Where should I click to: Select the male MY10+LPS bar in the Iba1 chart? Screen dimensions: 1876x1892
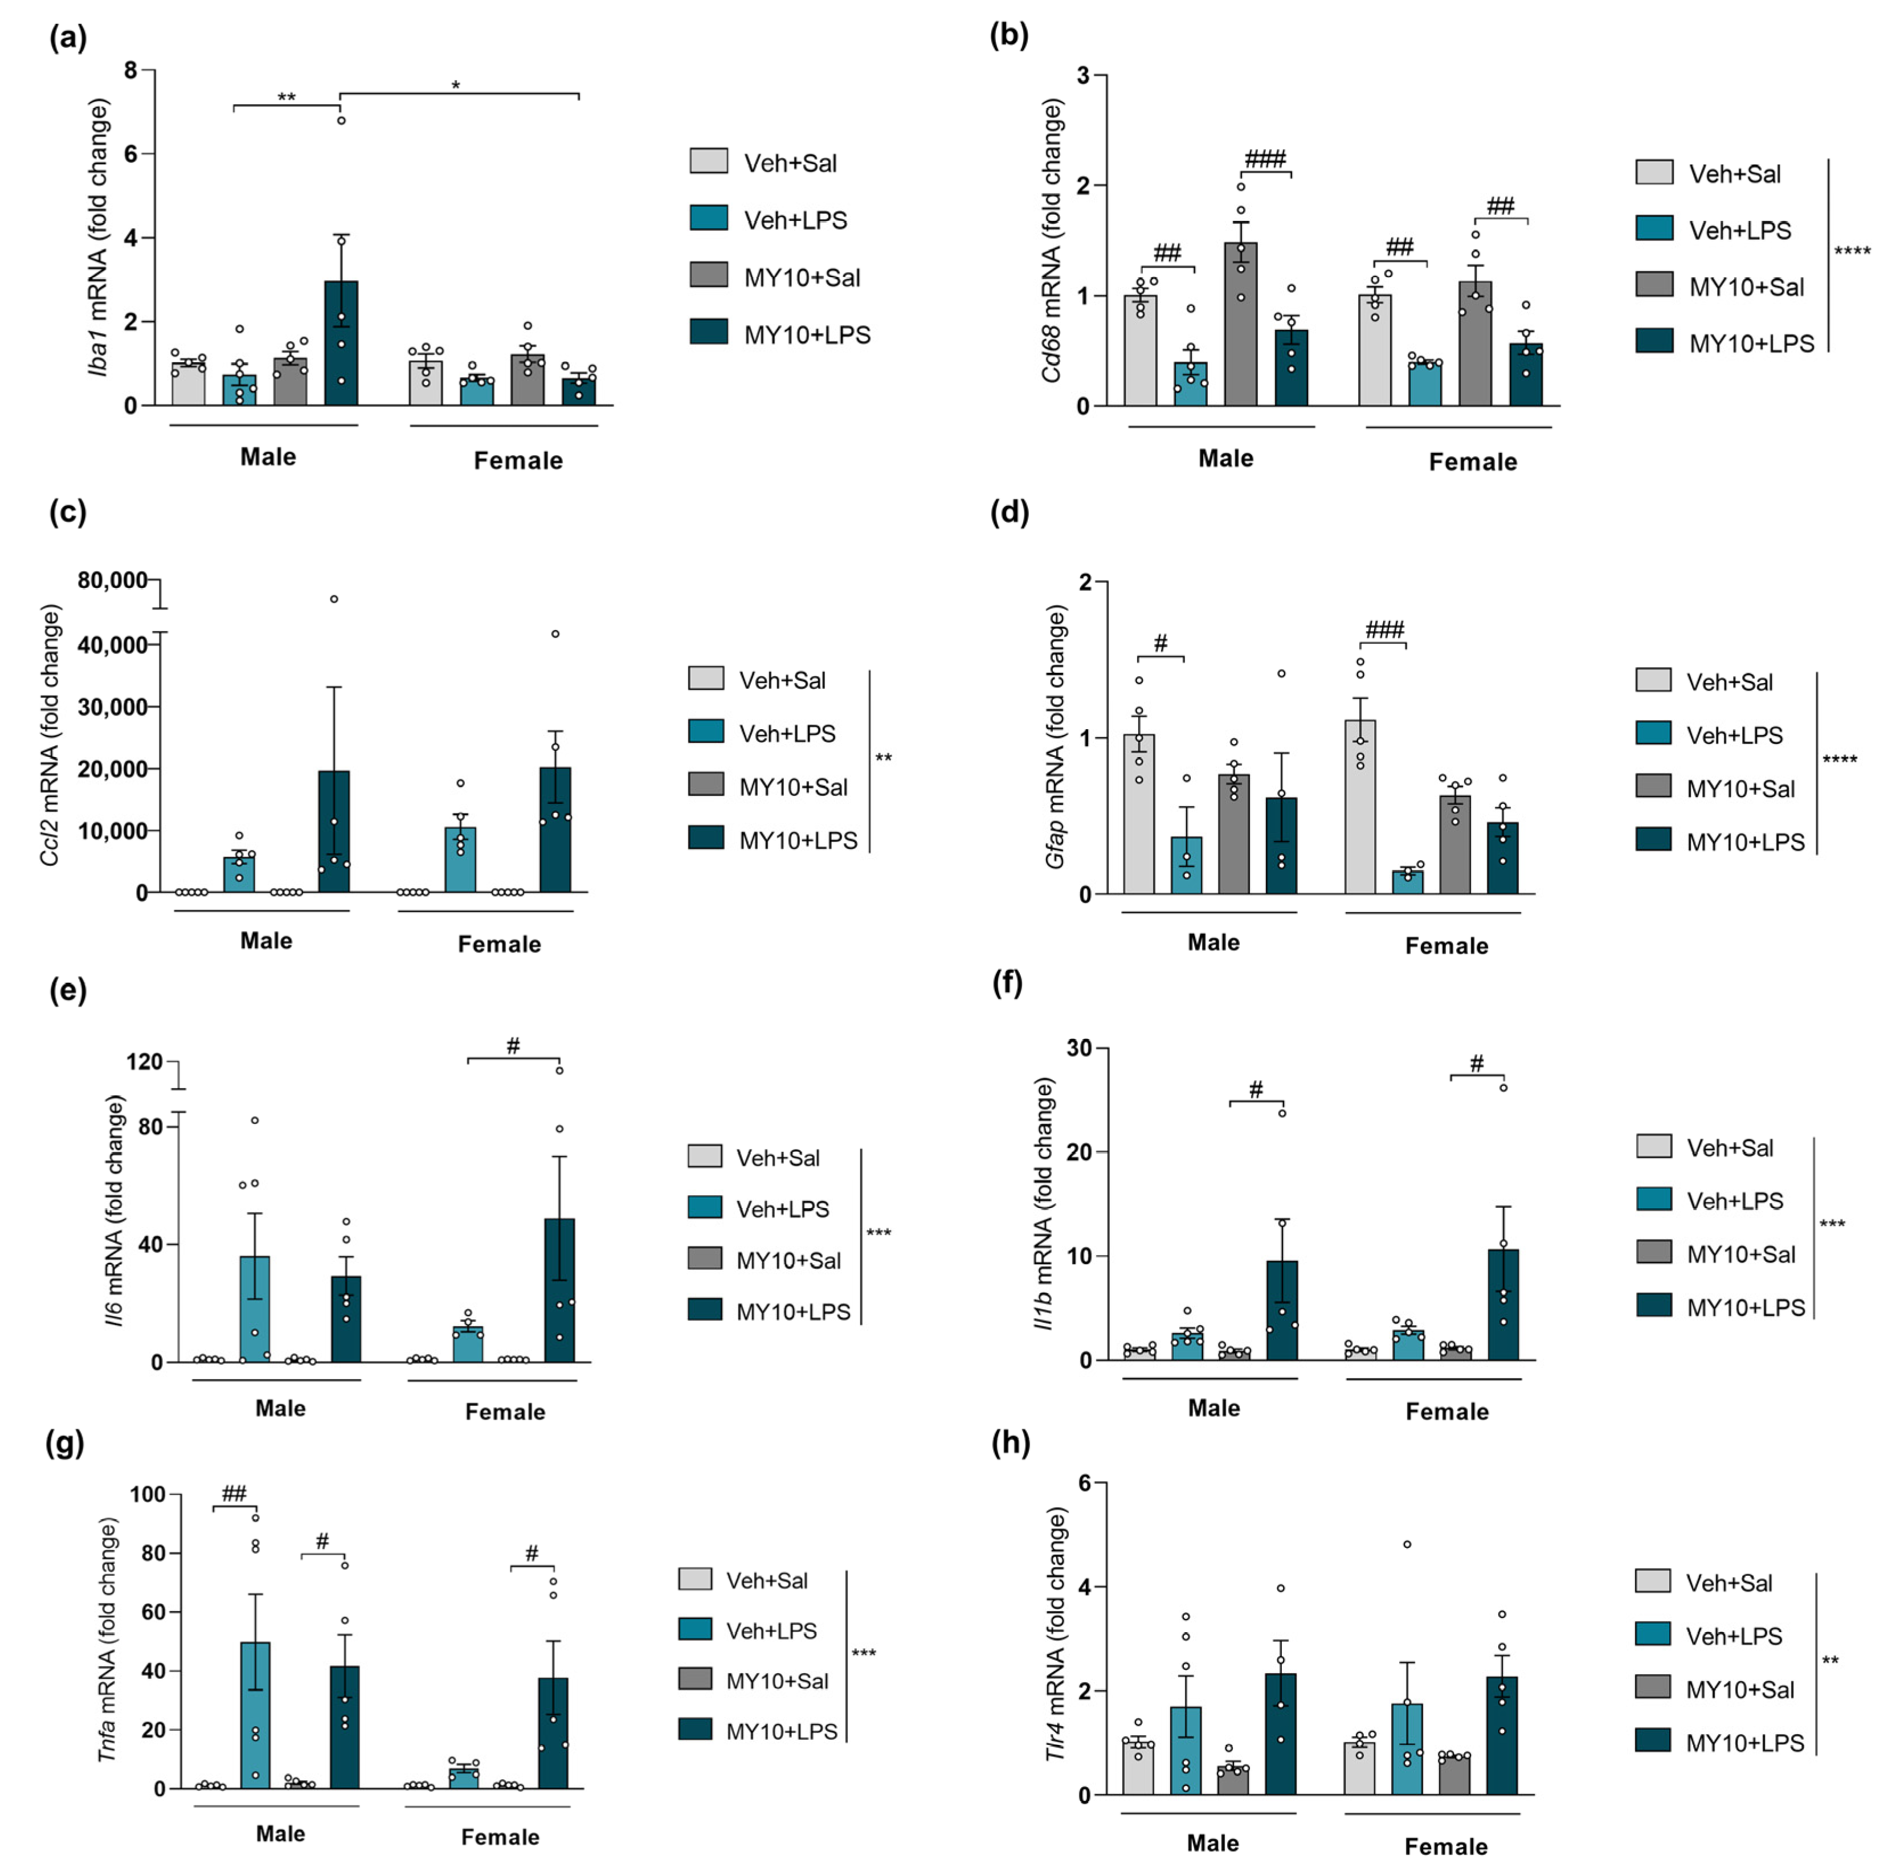341,343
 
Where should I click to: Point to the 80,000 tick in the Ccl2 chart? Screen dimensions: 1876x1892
112,581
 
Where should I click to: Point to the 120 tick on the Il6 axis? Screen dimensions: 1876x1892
144,1061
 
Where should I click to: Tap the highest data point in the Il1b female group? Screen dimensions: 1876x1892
1503,1088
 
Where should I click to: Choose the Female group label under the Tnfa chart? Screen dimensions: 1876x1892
500,1837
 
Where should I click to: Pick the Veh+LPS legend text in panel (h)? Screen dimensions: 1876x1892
1734,1636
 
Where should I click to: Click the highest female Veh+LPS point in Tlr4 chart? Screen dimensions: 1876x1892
1407,1544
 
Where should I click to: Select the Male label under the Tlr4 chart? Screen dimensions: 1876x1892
1212,1843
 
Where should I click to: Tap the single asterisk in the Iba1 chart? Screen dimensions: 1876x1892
455,86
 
